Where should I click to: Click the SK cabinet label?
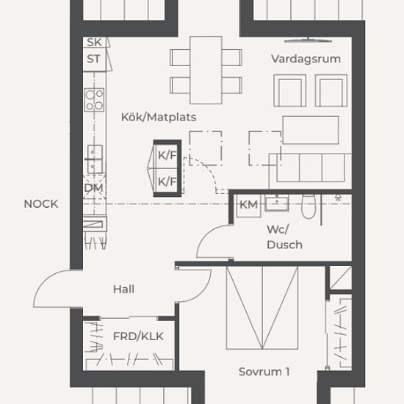[x=94, y=43]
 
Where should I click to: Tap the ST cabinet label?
[x=93, y=59]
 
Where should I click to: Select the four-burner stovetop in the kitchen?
[x=94, y=100]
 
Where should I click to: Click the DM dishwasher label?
[x=93, y=188]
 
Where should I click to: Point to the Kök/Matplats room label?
[x=159, y=118]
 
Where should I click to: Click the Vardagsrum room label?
[x=306, y=59]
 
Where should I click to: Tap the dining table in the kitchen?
[x=206, y=70]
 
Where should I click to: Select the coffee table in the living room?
[x=311, y=130]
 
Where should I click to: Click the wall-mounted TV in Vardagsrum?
[x=309, y=40]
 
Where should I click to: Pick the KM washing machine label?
[x=248, y=205]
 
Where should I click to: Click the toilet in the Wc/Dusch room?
[x=309, y=206]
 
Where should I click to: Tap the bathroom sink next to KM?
[x=277, y=203]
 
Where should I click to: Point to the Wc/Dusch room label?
[x=284, y=237]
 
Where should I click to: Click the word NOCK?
[x=41, y=204]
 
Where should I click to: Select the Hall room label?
[x=123, y=289]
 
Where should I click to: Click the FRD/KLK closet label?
[x=138, y=336]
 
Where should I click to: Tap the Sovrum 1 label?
[x=264, y=372]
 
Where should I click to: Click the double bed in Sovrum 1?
[x=262, y=308]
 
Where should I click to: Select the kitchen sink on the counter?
[x=95, y=159]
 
